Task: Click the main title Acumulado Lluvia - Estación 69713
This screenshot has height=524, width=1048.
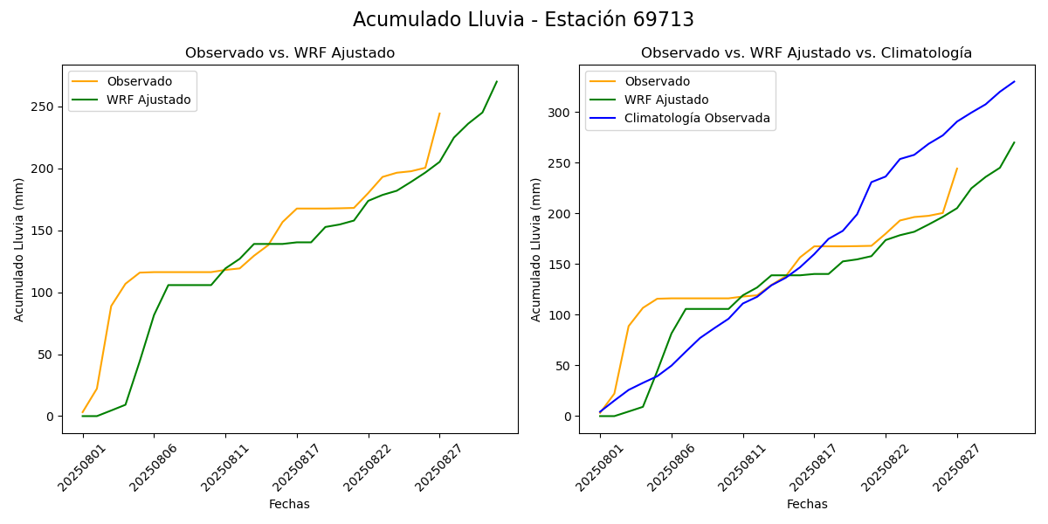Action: point(523,20)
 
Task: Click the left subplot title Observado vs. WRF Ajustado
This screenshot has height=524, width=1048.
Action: point(290,53)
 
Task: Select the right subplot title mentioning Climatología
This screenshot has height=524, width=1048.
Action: point(806,53)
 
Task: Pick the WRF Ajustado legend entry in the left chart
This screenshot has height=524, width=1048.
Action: point(148,100)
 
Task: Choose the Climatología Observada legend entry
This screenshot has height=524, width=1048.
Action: point(697,118)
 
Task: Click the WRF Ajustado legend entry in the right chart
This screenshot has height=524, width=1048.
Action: point(666,100)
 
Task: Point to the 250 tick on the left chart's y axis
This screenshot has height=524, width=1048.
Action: point(44,107)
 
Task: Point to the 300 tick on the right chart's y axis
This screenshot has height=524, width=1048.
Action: point(561,113)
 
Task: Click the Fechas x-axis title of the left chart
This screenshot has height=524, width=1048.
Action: point(289,504)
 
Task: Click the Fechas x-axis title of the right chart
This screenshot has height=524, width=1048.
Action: point(807,504)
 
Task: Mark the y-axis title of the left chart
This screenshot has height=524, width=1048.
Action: point(19,249)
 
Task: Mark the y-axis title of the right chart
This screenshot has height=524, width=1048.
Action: point(536,249)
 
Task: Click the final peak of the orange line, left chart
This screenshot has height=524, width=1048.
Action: point(439,114)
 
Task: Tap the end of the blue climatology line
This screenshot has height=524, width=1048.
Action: point(1014,82)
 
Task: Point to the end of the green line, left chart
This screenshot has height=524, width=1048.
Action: point(497,82)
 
